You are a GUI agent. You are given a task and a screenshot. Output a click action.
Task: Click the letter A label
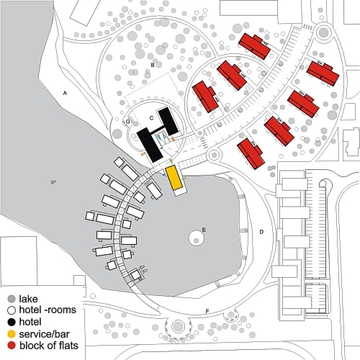65,93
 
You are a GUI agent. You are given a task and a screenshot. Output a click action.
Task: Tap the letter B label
153,65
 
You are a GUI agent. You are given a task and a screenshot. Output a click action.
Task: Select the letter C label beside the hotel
151,118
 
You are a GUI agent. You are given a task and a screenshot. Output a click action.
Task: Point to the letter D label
261,232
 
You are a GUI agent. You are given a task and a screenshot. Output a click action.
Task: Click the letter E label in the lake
204,230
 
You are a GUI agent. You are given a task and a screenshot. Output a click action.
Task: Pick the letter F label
207,311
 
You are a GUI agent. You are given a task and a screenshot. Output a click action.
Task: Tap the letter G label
128,122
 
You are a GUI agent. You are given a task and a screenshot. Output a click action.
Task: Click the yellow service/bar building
174,178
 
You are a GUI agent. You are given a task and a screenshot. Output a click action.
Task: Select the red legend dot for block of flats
12,346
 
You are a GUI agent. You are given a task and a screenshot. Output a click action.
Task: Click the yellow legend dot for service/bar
12,334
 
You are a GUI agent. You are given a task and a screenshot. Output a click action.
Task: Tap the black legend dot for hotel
12,322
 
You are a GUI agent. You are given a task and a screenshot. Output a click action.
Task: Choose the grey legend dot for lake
12,299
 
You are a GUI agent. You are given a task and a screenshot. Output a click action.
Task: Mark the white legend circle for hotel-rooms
12,310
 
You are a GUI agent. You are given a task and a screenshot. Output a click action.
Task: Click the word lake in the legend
28,299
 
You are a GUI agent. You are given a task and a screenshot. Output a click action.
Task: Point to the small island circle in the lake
197,238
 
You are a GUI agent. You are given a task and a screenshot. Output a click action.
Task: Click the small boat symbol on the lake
53,182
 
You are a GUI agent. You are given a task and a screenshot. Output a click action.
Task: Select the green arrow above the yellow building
171,161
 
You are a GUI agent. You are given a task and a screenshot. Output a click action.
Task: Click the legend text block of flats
49,346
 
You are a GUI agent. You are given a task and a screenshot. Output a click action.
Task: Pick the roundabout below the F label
178,327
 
